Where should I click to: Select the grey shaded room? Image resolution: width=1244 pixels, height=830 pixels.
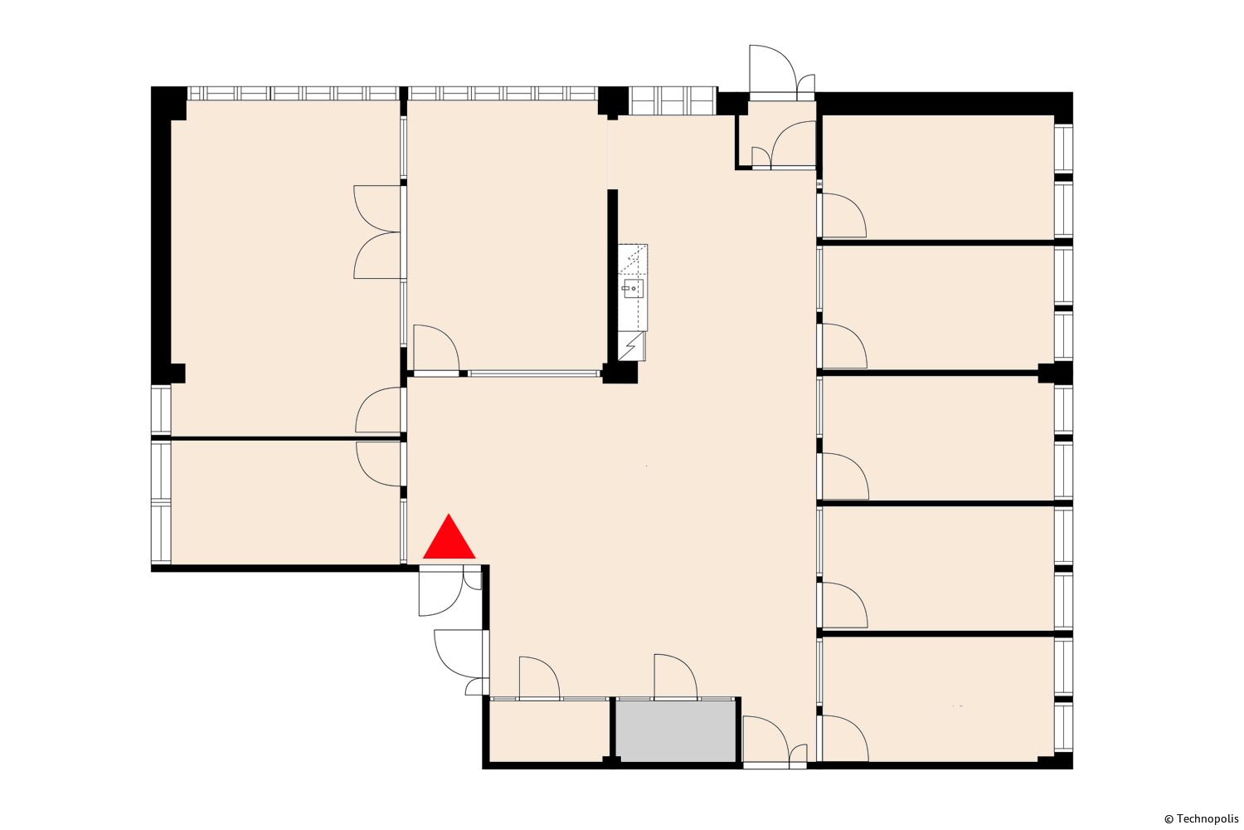click(675, 731)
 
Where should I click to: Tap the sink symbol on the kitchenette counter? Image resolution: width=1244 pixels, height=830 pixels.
click(633, 289)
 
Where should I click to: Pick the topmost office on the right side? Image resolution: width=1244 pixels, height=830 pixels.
click(938, 178)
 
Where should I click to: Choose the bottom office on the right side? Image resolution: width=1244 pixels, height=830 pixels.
click(938, 699)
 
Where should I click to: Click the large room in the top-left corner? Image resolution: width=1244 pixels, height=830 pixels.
click(285, 269)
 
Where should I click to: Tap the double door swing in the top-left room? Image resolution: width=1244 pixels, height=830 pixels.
click(377, 232)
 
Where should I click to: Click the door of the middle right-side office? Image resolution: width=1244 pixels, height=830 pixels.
click(845, 476)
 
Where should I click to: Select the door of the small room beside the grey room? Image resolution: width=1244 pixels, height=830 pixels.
click(539, 677)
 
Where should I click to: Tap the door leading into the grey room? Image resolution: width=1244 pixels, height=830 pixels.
click(675, 676)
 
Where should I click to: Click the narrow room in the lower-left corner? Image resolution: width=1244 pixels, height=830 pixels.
click(285, 502)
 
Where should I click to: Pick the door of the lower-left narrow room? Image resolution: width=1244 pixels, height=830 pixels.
click(378, 464)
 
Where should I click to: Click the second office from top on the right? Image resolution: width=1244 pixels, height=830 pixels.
click(938, 307)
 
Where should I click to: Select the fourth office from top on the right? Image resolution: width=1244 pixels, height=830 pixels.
click(938, 569)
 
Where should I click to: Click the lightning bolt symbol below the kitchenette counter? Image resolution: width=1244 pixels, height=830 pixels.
click(633, 346)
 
